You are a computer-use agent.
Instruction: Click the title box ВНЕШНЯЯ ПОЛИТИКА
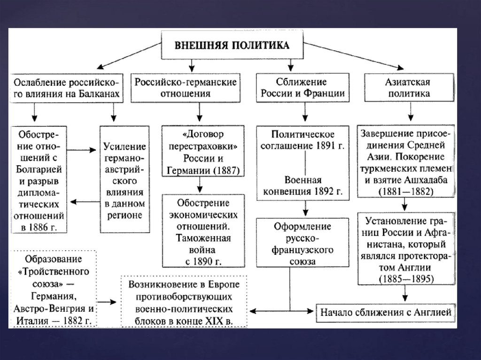pyautogui.click(x=232, y=46)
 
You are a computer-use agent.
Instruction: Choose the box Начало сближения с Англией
pyautogui.click(x=387, y=311)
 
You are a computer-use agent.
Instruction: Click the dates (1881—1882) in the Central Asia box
pyautogui.click(x=406, y=191)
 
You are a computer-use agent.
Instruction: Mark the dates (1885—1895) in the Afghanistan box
pyautogui.click(x=406, y=279)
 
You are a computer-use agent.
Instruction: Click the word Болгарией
pyautogui.click(x=39, y=169)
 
